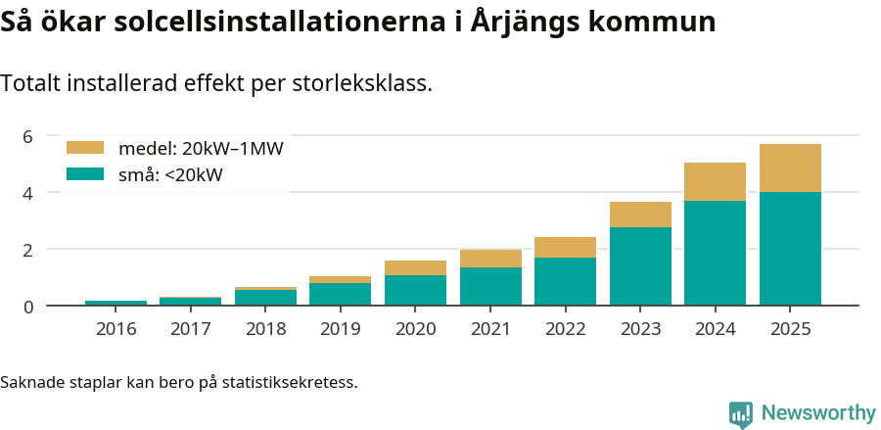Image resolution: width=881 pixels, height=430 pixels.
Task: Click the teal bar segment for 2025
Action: click(x=790, y=249)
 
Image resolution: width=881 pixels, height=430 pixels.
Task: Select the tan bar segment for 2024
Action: click(x=715, y=182)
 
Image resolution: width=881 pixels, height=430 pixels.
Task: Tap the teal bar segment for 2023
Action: click(x=640, y=266)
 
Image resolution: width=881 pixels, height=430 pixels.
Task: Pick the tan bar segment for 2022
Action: click(x=565, y=248)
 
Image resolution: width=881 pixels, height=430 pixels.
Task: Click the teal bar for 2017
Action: click(x=191, y=302)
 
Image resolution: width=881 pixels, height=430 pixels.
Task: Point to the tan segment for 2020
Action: click(x=415, y=268)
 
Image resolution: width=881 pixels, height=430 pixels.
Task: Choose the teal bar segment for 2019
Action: click(x=340, y=295)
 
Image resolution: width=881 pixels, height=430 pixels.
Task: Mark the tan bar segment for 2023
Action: click(x=640, y=215)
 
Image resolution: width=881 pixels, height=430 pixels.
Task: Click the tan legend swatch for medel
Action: click(x=84, y=148)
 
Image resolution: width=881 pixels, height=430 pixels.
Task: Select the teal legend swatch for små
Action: click(x=84, y=174)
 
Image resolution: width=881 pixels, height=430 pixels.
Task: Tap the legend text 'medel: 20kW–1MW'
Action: click(x=201, y=149)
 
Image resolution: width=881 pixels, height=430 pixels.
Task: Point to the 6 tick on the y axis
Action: click(x=27, y=136)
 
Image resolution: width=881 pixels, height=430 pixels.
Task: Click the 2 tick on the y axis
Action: click(x=27, y=250)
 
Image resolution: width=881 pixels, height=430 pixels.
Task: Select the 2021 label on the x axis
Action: click(x=490, y=329)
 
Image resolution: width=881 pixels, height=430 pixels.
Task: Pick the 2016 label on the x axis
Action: click(x=116, y=329)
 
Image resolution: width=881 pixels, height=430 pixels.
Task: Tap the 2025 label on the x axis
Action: click(x=790, y=329)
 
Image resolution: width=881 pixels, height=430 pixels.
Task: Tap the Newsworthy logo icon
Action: click(x=741, y=413)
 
